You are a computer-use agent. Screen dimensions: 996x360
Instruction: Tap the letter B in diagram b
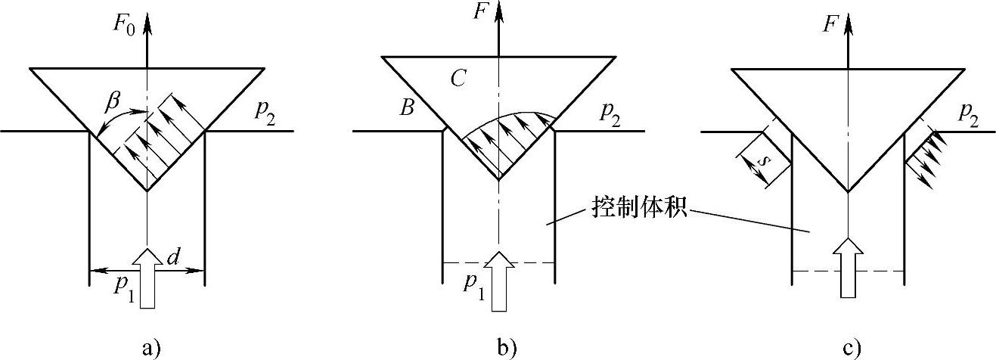(407, 108)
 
